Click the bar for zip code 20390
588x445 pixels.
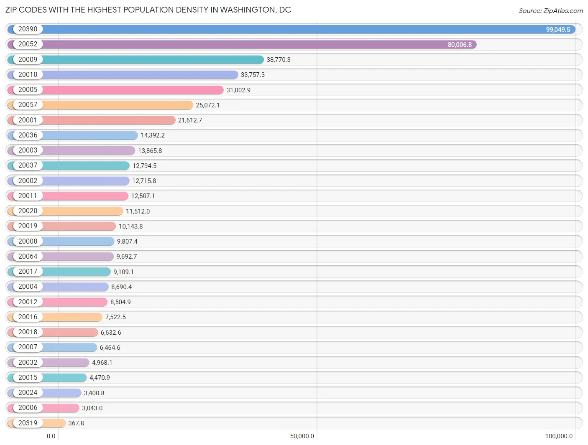coord(293,29)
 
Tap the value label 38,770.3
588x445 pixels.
coord(279,60)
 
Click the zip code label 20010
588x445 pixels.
coord(28,74)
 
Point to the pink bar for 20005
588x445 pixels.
coord(134,90)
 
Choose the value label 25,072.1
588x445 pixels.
coord(208,105)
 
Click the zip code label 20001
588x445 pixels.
coord(28,120)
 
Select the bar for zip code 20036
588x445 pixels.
coord(90,135)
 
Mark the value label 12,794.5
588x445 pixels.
coord(144,166)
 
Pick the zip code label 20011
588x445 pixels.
coord(28,196)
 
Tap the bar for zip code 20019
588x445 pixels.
coord(79,226)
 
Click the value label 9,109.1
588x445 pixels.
coord(123,272)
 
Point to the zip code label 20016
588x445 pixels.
coord(28,317)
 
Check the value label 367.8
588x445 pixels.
coord(76,423)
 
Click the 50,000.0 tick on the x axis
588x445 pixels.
coord(302,436)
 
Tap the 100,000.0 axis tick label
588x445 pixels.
coord(559,436)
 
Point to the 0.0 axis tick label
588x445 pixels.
coord(51,436)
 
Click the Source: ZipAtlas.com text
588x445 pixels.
coord(551,11)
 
